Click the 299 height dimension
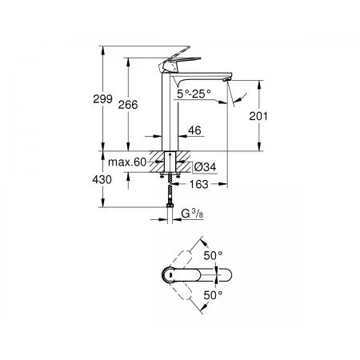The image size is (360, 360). pyautogui.click(x=102, y=99)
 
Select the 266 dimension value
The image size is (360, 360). pyautogui.click(x=128, y=105)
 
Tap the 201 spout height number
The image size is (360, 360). pyautogui.click(x=258, y=116)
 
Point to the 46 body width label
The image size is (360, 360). pyautogui.click(x=194, y=130)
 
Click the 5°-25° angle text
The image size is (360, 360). pyautogui.click(x=194, y=94)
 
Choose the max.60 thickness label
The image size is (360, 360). pyautogui.click(x=127, y=162)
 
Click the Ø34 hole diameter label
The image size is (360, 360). pyautogui.click(x=205, y=167)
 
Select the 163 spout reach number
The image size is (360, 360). pyautogui.click(x=198, y=184)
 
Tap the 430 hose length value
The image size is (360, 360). pyautogui.click(x=102, y=179)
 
